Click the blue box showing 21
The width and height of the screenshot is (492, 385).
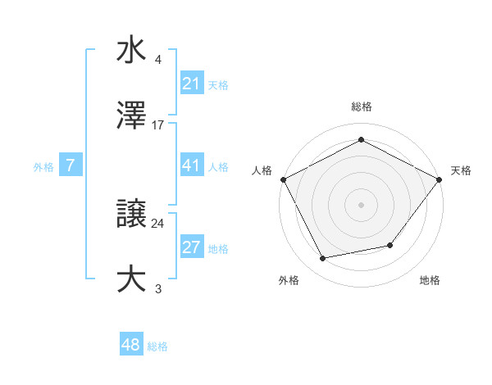[191, 84]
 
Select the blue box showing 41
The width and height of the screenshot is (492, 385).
[191, 165]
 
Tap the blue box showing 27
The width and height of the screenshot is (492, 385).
[191, 248]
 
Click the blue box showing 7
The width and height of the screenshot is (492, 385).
[71, 165]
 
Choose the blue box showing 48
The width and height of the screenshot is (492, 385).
[131, 345]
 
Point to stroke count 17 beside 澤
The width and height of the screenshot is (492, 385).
[159, 125]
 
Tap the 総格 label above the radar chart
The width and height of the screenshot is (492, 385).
[361, 106]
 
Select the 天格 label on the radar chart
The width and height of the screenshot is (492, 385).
[461, 170]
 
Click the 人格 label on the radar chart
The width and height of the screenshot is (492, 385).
[262, 170]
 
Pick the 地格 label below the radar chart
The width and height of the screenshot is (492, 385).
[430, 281]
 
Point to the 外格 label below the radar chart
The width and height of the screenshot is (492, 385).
[289, 281]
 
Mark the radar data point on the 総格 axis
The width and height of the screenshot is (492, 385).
[361, 140]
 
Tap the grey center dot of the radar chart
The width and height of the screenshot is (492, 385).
[361, 204]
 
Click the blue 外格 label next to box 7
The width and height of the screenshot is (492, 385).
[43, 166]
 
